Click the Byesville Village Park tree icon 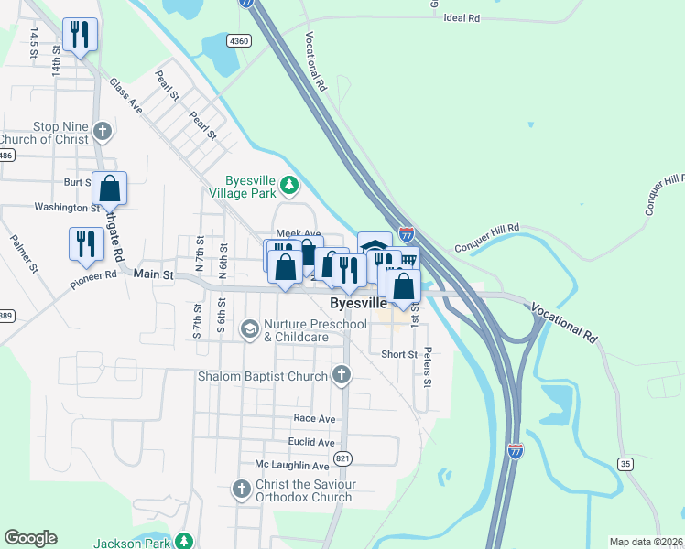point(289,186)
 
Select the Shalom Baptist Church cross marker point(342,374)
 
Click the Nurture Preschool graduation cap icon point(249,328)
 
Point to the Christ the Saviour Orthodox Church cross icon point(242,490)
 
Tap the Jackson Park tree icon point(185,541)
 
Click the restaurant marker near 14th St point(80,36)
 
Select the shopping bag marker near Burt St point(109,189)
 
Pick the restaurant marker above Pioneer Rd point(86,243)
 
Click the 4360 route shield point(239,41)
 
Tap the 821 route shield point(342,457)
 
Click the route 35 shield point(625,464)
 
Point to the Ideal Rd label point(462,17)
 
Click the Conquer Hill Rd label point(486,236)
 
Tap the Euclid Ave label point(313,442)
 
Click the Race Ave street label point(314,418)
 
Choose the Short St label point(399,354)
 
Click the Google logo point(31,538)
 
